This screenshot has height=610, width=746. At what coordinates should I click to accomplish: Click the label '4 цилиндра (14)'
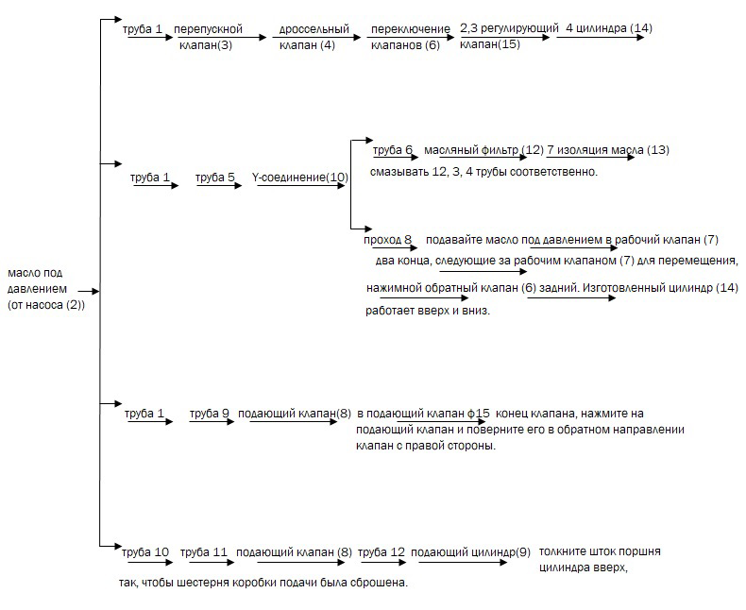click(608, 28)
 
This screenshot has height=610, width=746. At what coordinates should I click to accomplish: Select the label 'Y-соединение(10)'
click(300, 177)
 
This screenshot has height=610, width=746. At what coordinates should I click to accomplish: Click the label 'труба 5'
click(215, 177)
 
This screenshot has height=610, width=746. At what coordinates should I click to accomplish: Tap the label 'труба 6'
click(393, 150)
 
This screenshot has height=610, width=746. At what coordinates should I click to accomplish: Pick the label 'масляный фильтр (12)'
click(483, 150)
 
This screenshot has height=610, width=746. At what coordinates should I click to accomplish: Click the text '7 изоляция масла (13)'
click(608, 150)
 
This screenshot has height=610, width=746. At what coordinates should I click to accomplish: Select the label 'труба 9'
click(210, 413)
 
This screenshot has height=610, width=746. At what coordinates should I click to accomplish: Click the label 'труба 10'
click(146, 551)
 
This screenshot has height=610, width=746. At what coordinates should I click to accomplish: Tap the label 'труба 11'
click(204, 551)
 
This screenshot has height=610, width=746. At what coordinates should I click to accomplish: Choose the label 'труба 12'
click(382, 551)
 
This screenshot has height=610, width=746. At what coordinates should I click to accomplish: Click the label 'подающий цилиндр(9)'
click(470, 551)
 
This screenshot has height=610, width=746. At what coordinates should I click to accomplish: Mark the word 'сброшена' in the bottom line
click(377, 583)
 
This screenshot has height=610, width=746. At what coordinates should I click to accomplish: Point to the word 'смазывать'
click(401, 173)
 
